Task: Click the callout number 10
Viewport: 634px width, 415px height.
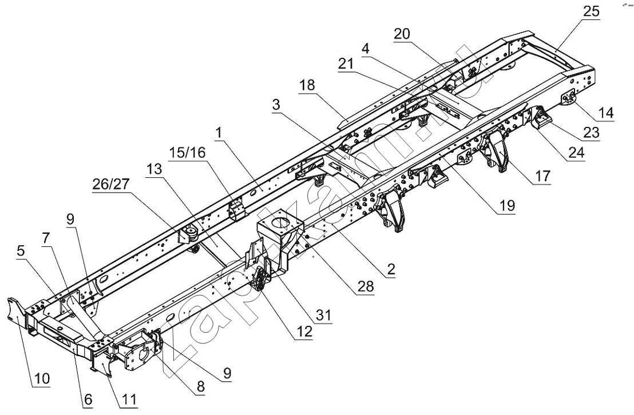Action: click(42, 379)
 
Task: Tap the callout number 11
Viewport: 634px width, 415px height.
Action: click(129, 400)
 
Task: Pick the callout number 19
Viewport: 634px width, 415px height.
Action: click(506, 204)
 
